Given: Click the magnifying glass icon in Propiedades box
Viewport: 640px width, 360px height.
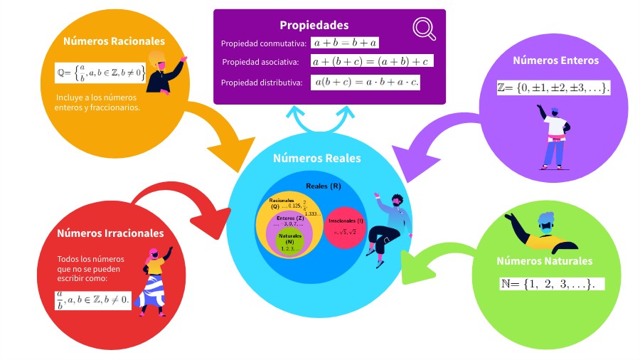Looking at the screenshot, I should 425,28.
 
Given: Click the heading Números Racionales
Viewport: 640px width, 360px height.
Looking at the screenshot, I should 114,41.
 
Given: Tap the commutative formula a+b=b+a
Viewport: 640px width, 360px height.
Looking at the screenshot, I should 345,43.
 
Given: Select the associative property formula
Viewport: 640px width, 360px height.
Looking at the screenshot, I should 373,62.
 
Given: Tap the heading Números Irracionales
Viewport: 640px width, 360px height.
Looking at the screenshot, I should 110,233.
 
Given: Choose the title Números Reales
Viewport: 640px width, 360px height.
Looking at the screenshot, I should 316,158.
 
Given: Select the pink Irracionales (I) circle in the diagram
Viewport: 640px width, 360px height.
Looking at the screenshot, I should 345,228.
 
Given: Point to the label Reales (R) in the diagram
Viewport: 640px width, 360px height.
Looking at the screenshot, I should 324,186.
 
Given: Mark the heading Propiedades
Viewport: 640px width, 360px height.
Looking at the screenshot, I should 314,25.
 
